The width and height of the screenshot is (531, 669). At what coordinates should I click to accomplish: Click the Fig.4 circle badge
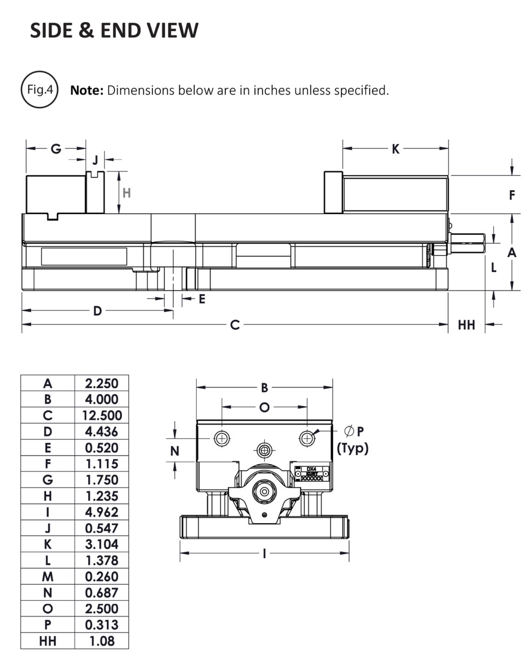click(x=39, y=90)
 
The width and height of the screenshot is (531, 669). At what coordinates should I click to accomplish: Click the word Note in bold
click(x=86, y=90)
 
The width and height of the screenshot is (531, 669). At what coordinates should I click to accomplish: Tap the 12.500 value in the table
click(x=102, y=415)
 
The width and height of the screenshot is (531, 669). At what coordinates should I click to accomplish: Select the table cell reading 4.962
click(x=102, y=512)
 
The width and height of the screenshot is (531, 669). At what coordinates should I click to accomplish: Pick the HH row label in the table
click(x=48, y=641)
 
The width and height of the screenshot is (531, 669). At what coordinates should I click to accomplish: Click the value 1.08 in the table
click(x=102, y=641)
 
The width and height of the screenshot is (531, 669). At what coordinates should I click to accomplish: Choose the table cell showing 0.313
click(x=102, y=625)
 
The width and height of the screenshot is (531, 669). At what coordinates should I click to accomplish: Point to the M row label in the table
click(x=48, y=577)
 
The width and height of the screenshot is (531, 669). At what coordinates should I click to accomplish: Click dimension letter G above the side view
click(x=56, y=149)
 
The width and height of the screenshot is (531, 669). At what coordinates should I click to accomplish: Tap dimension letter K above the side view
click(x=395, y=149)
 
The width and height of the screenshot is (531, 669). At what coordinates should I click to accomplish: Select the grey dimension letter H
click(x=126, y=192)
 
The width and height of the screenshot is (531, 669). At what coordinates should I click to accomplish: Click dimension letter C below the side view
click(x=235, y=325)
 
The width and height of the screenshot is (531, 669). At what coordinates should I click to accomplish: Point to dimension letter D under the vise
click(x=97, y=311)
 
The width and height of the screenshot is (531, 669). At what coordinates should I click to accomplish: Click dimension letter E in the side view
click(x=202, y=299)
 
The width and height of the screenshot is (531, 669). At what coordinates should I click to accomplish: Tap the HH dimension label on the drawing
click(x=466, y=325)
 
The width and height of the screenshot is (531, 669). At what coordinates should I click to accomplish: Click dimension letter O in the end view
click(x=264, y=407)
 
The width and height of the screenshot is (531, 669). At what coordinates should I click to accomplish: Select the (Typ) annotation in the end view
click(x=353, y=448)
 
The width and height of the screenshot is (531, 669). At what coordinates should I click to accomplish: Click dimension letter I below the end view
click(x=264, y=553)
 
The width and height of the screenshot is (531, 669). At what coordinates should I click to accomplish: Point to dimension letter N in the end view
click(x=175, y=451)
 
